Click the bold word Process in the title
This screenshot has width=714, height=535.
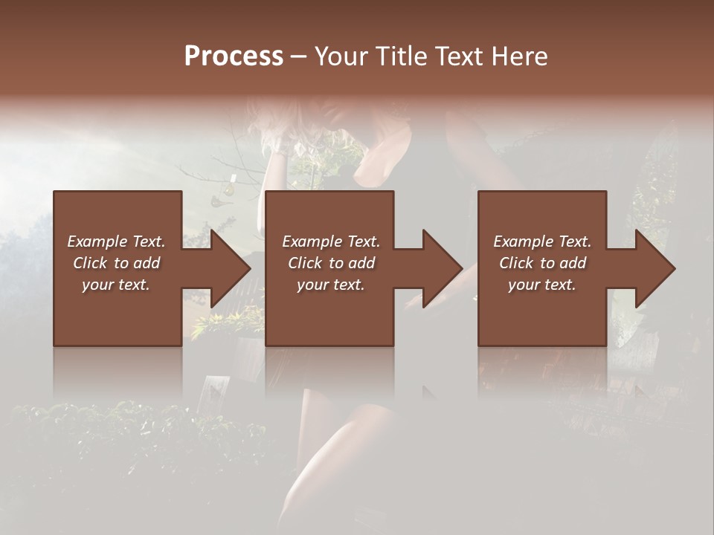[x=234, y=56]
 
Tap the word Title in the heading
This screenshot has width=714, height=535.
[x=403, y=56]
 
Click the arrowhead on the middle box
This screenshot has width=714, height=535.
[x=441, y=268]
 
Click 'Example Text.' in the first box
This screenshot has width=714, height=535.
[x=116, y=241]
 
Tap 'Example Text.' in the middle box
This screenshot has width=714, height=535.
[x=330, y=241]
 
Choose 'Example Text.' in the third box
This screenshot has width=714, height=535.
[x=542, y=241]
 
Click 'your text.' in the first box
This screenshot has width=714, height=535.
[x=116, y=285]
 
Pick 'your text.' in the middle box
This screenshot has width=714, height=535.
[x=330, y=285]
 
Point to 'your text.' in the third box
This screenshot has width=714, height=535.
[x=542, y=285]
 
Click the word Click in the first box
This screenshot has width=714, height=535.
[x=91, y=263]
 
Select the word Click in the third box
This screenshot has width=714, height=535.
[x=517, y=263]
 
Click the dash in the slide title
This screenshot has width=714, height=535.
[x=299, y=56]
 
